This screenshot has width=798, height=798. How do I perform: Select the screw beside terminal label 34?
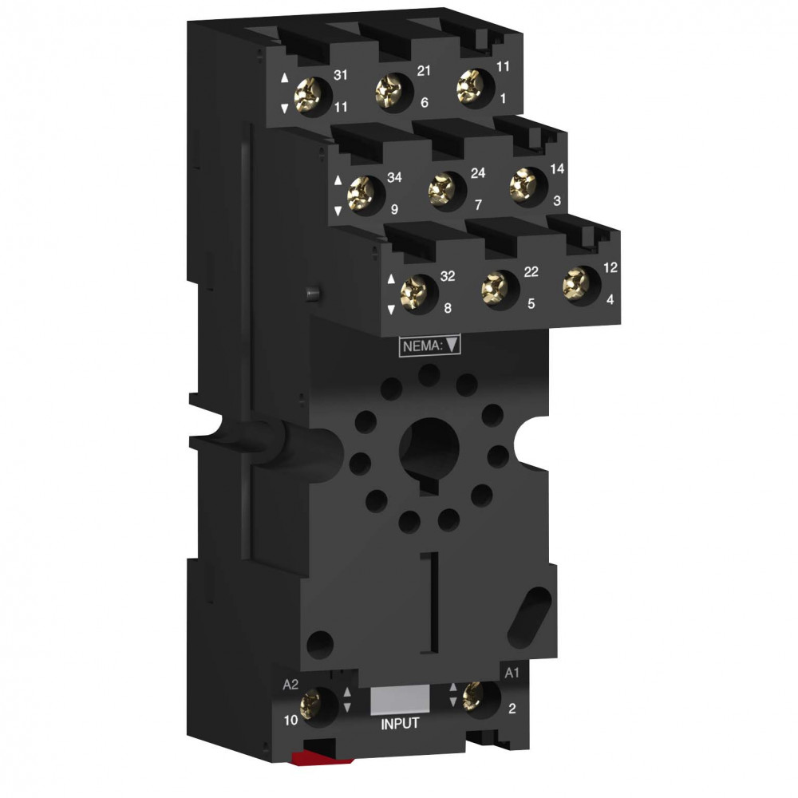coord(361,194)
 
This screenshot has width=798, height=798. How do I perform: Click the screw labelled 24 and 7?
coord(443,189)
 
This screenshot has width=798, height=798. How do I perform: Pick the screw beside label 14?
coord(524,185)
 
